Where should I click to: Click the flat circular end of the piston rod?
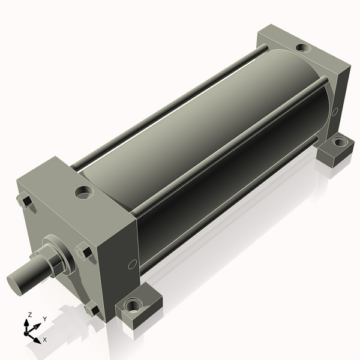coord(14,284)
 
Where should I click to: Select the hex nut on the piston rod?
coord(53,261)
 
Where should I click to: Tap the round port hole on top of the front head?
coord(85,193)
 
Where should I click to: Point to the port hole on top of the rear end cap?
coord(303,47)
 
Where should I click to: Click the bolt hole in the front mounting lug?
coord(133,305)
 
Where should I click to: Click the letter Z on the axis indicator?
coord(29,314)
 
